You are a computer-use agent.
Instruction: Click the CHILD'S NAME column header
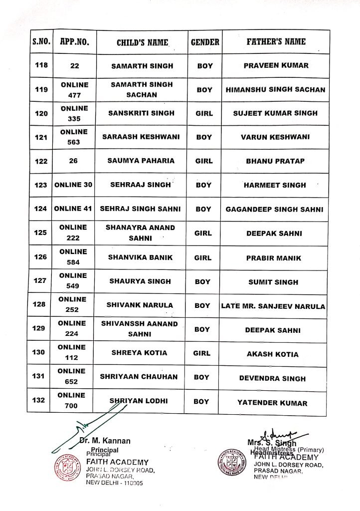(x=142, y=42)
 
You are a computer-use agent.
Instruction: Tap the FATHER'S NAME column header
(x=275, y=42)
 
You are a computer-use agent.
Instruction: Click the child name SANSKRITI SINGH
(x=142, y=113)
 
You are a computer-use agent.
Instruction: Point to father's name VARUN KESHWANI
(x=275, y=137)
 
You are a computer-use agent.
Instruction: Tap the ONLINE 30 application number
(x=74, y=185)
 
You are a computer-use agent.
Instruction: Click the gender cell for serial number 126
(x=204, y=258)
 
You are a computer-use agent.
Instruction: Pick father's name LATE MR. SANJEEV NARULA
(x=273, y=306)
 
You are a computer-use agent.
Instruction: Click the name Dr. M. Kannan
(x=105, y=441)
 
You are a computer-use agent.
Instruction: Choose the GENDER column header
(x=205, y=42)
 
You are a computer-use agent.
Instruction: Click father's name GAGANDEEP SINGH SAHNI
(x=275, y=210)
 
